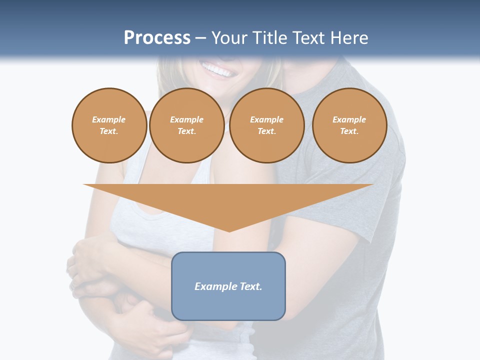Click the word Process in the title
coord(157,38)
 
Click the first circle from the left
coord(109,125)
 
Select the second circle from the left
coord(187,125)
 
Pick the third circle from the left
coord(267,125)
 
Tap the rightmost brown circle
coord(349,125)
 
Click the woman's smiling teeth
coord(217,70)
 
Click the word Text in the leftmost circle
coord(109,131)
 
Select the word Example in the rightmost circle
coord(349,119)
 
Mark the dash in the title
coord(200,38)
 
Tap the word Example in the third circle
coord(267,119)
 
